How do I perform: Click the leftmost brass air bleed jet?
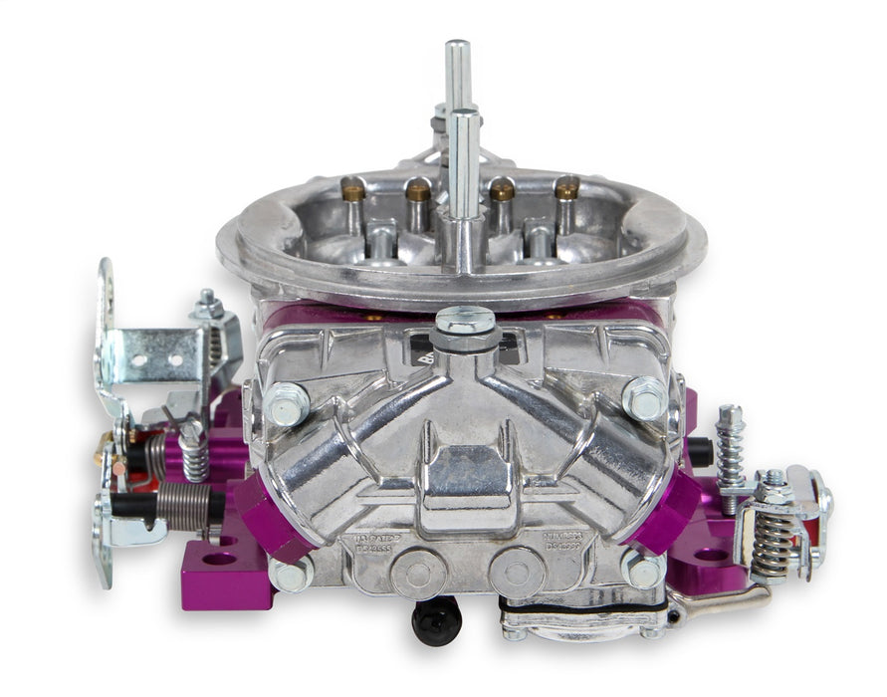click(352, 187)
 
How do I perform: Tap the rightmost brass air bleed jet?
click(566, 187)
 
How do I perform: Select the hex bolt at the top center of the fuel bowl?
click(465, 322)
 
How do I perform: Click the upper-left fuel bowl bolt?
click(285, 403)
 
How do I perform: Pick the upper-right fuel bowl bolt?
click(645, 398)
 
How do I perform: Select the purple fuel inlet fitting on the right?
click(664, 509)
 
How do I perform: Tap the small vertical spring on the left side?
click(194, 458)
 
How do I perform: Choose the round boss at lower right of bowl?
click(517, 573)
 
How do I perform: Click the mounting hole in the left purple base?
click(219, 559)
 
